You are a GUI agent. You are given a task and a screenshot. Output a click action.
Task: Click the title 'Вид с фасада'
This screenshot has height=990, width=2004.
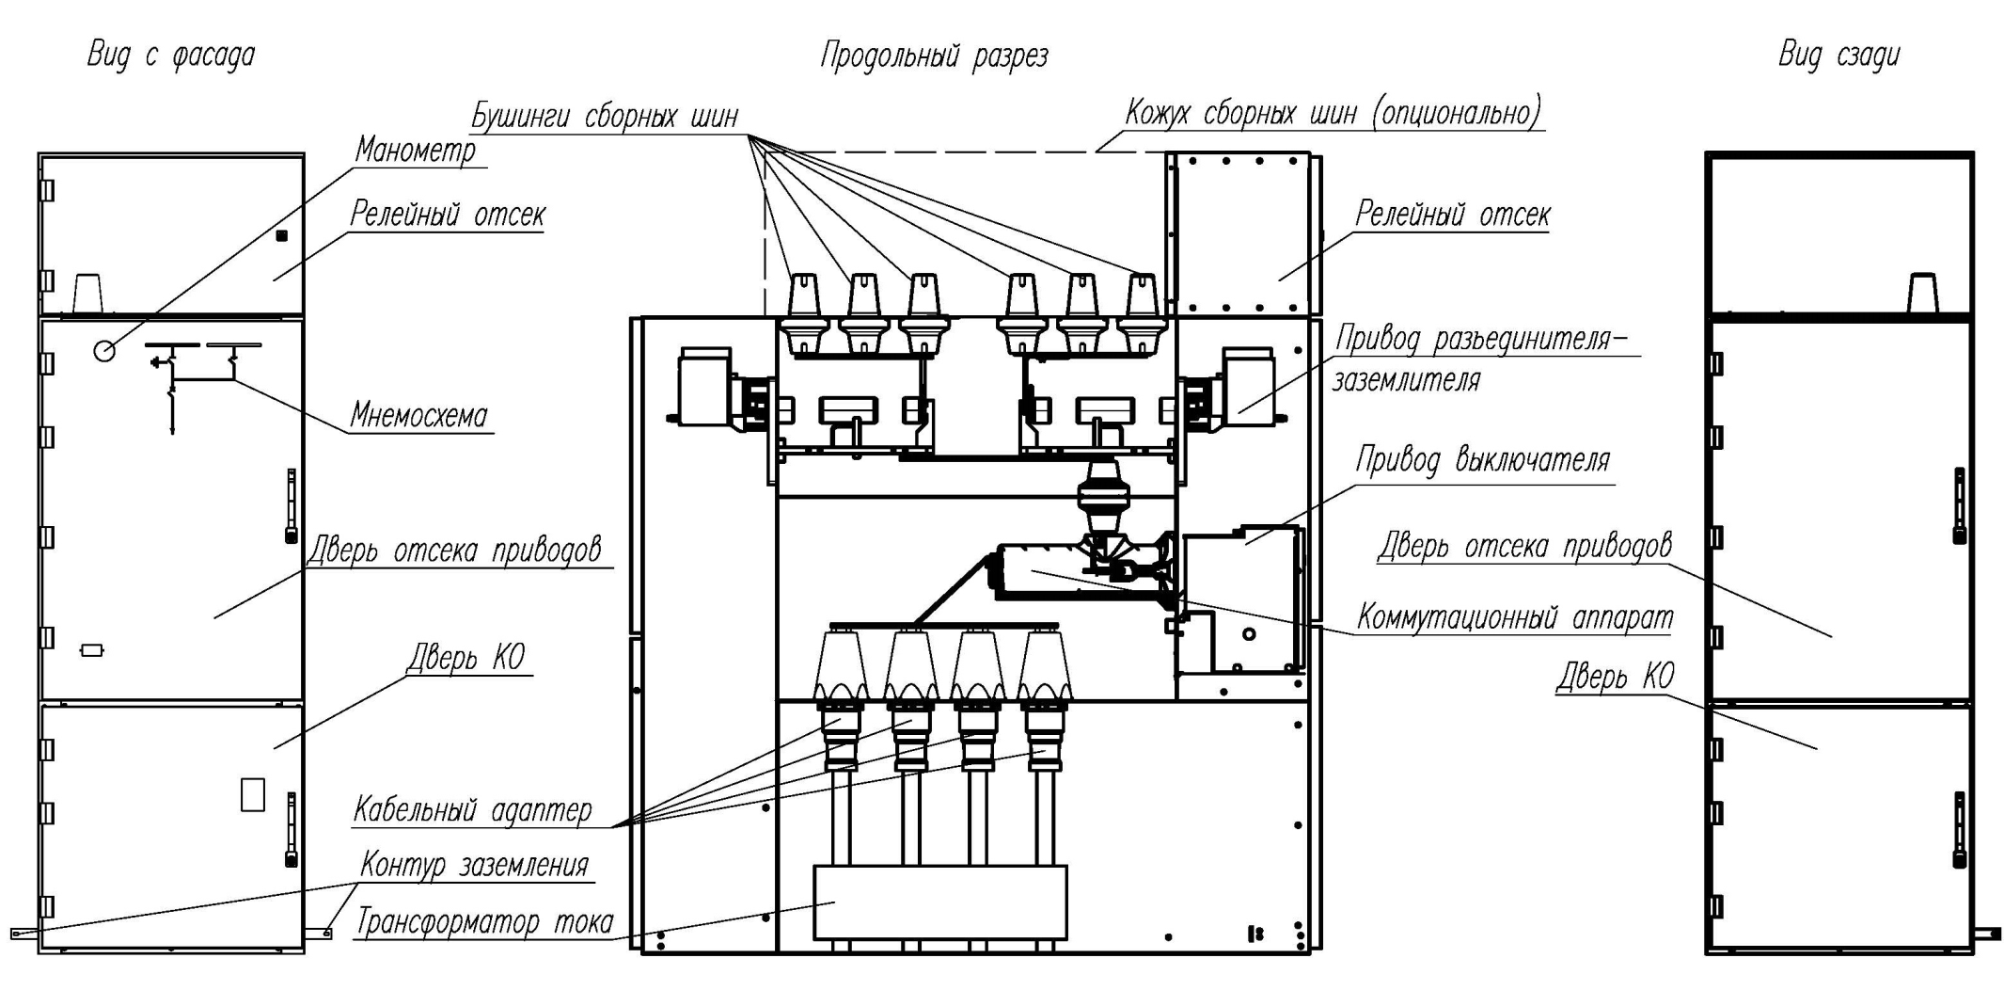point(170,55)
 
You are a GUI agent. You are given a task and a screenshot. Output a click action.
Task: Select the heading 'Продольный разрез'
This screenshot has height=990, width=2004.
point(934,56)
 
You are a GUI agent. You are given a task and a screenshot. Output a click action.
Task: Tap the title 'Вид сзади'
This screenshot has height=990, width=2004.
point(1838,55)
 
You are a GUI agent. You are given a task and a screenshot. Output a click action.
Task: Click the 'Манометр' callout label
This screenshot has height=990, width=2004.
point(416,150)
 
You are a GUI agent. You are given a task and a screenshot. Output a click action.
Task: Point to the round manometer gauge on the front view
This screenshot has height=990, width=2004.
point(104,351)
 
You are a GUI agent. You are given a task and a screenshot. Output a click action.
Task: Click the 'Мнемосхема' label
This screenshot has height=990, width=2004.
point(419,415)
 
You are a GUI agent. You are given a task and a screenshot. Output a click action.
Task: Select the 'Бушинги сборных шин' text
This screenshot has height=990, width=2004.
point(605,116)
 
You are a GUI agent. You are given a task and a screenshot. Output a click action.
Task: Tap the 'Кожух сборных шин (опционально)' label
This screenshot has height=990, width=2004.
point(1333,112)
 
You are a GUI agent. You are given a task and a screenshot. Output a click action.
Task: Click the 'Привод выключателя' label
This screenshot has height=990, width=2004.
point(1482,459)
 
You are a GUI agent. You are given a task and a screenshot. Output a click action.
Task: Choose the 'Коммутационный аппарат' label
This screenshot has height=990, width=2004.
point(1515,617)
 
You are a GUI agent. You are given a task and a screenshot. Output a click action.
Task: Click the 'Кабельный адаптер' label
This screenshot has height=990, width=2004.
point(472,809)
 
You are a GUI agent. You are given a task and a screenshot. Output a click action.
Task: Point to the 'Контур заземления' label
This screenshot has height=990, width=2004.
point(475,865)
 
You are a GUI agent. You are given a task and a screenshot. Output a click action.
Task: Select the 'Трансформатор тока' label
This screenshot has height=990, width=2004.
point(484,921)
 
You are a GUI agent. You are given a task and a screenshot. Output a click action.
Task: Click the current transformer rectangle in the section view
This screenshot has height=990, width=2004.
point(939,902)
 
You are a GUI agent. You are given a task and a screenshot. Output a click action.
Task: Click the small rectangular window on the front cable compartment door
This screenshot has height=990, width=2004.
point(253,793)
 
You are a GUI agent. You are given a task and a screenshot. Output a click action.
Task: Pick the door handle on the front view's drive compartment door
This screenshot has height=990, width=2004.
point(292,505)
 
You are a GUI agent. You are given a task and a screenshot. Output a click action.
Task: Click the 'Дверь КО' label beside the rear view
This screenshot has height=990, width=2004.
point(1616,676)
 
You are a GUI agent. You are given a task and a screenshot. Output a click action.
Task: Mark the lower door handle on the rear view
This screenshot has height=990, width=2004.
point(1960,830)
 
